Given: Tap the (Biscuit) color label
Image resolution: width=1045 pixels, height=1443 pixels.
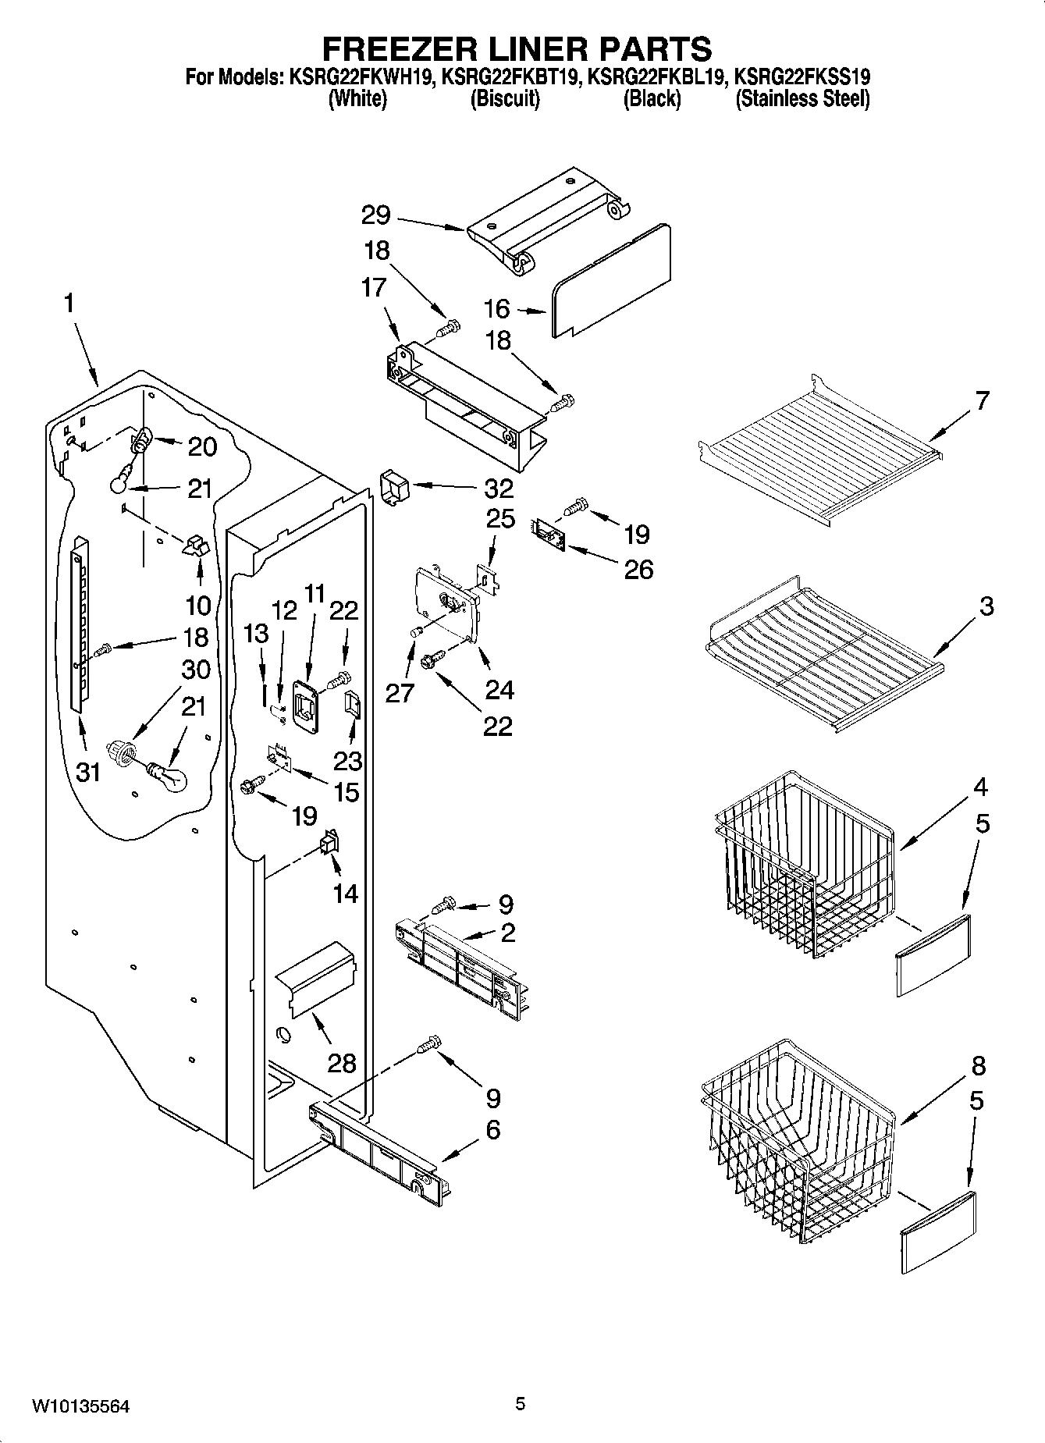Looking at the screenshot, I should click(505, 99).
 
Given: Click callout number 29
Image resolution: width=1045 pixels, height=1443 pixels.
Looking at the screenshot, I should click(376, 215).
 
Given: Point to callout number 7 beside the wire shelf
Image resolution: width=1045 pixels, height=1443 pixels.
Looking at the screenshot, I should click(982, 401).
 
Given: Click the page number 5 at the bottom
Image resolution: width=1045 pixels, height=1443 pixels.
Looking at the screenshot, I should click(521, 1405).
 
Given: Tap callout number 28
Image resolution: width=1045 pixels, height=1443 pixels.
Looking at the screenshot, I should click(342, 1063).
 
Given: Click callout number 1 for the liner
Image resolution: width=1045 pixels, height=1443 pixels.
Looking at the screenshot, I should click(69, 304).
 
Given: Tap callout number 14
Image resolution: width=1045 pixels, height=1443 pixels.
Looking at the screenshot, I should click(346, 894).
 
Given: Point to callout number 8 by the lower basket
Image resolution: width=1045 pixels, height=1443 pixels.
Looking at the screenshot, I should click(979, 1065).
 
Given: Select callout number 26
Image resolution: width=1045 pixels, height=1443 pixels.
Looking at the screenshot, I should click(638, 570).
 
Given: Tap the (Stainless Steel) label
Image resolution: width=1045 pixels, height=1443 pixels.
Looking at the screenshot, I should click(802, 99).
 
